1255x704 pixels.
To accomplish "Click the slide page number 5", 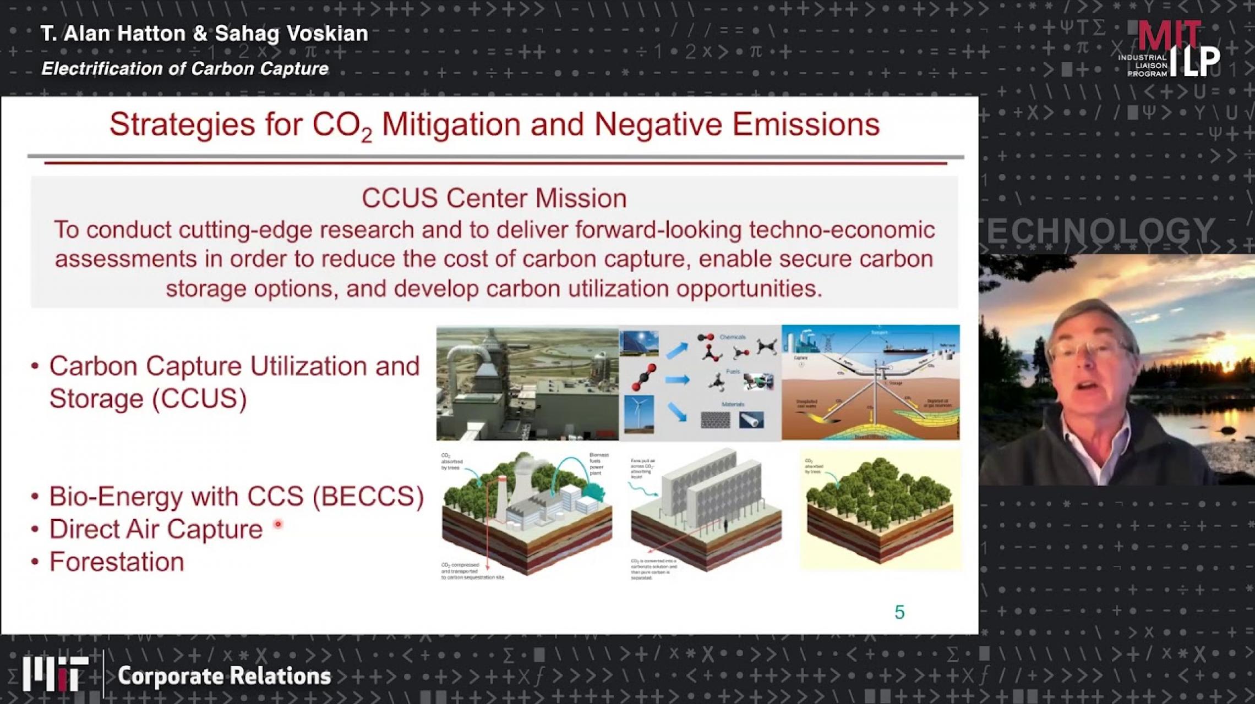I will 899,612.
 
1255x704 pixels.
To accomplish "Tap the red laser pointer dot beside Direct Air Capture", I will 278,524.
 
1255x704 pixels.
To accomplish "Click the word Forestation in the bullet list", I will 117,562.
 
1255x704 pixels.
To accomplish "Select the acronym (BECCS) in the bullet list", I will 368,496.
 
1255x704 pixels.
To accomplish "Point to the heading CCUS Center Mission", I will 494,198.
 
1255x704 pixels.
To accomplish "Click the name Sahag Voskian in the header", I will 291,34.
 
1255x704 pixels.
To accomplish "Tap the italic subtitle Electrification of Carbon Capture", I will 185,69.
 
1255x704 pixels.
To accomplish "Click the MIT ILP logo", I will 1169,50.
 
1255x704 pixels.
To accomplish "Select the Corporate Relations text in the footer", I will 225,676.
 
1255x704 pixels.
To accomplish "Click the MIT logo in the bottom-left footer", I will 55,674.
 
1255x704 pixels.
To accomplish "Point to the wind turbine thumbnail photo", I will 639,414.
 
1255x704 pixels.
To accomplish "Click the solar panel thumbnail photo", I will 639,344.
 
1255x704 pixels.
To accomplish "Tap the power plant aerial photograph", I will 527,383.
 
